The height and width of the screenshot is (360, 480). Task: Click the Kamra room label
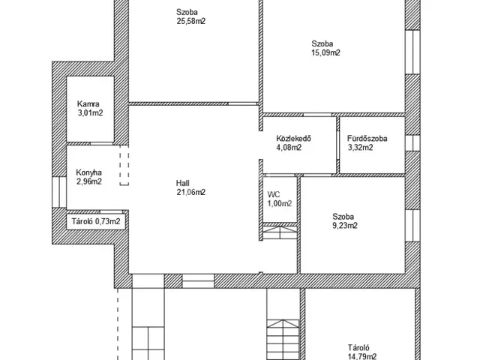pyautogui.click(x=88, y=104)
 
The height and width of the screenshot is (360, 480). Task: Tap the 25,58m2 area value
pyautogui.click(x=191, y=21)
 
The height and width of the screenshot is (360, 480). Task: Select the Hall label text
pyautogui.click(x=183, y=183)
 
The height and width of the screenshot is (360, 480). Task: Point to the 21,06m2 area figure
pyautogui.click(x=191, y=192)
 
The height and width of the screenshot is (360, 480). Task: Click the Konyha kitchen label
pyautogui.click(x=88, y=172)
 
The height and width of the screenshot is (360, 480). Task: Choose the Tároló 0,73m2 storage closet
pyautogui.click(x=96, y=221)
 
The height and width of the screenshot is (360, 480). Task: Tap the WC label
pyautogui.click(x=274, y=195)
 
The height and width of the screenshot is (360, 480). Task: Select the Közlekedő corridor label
pyautogui.click(x=293, y=138)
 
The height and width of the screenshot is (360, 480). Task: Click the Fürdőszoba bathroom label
pyautogui.click(x=367, y=138)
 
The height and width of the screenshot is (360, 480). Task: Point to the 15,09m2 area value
pyautogui.click(x=325, y=52)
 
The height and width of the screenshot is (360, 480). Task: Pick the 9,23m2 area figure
pyautogui.click(x=345, y=226)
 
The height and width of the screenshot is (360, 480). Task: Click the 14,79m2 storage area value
pyautogui.click(x=362, y=356)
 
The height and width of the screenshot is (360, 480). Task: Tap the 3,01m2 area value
pyautogui.click(x=90, y=113)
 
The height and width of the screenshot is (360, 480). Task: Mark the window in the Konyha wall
pyautogui.click(x=59, y=192)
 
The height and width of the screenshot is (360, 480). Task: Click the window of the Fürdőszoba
pyautogui.click(x=412, y=142)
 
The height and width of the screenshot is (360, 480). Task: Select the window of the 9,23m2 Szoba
pyautogui.click(x=412, y=226)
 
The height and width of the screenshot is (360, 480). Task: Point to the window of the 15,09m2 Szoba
pyautogui.click(x=412, y=52)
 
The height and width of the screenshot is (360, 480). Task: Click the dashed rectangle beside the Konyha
pyautogui.click(x=124, y=165)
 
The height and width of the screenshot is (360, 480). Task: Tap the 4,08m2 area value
pyautogui.click(x=289, y=148)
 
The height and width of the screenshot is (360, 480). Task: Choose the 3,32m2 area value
pyautogui.click(x=360, y=148)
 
